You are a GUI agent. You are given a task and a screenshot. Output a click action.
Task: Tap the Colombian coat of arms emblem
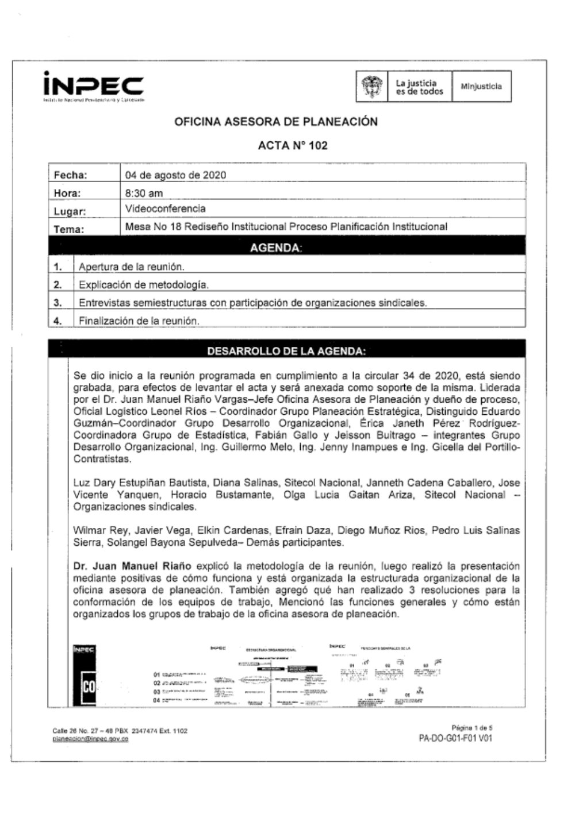point(372,87)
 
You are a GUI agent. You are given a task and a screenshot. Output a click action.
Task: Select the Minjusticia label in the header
point(481,87)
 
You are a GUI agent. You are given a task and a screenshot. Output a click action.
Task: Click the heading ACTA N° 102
point(293,145)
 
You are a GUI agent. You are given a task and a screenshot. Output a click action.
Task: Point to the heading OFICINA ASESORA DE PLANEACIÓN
point(276,122)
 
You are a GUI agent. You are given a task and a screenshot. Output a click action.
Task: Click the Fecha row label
point(70,175)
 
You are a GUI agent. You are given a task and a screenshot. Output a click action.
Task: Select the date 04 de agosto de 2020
point(175,175)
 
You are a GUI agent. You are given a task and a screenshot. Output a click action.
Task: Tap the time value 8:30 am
point(144,193)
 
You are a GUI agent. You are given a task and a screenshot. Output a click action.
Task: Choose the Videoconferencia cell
point(165,209)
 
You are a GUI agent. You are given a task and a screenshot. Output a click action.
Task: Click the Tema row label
point(68,229)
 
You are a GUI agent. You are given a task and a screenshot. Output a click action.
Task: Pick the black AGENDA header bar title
point(276,248)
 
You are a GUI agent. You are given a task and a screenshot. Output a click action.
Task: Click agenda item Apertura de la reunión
point(132,267)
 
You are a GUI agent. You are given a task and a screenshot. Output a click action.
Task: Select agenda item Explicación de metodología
point(143,284)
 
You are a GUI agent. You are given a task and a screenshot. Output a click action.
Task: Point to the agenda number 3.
point(57,303)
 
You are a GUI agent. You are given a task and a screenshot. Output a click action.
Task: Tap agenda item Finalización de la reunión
point(139,321)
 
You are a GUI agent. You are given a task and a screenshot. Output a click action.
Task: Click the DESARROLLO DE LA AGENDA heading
point(286,351)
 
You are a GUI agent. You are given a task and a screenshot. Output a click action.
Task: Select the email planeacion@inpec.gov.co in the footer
point(90,739)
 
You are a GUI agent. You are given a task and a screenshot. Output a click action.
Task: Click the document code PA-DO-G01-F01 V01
point(455,738)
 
